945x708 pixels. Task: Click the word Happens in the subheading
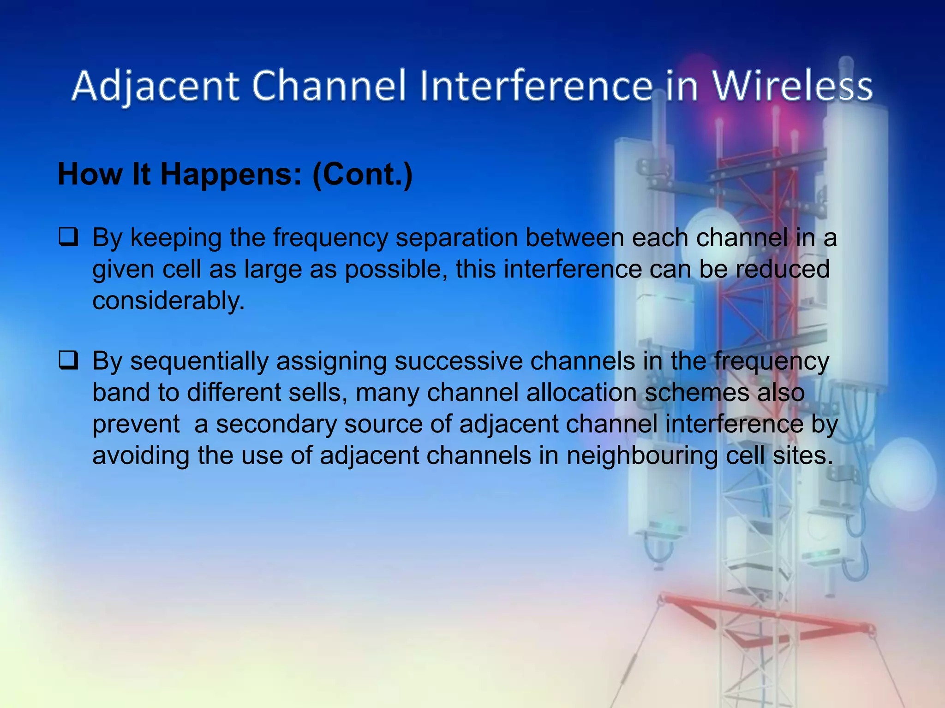click(231, 175)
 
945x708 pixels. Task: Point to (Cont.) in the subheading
click(362, 175)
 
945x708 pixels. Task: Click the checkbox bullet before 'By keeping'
click(68, 237)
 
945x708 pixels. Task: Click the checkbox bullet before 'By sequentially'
click(68, 360)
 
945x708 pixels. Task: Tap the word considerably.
click(168, 301)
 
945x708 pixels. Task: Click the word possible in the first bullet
click(395, 270)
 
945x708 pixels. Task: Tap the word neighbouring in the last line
click(642, 456)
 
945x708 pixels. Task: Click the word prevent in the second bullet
click(136, 425)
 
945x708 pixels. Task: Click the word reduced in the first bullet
click(782, 269)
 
